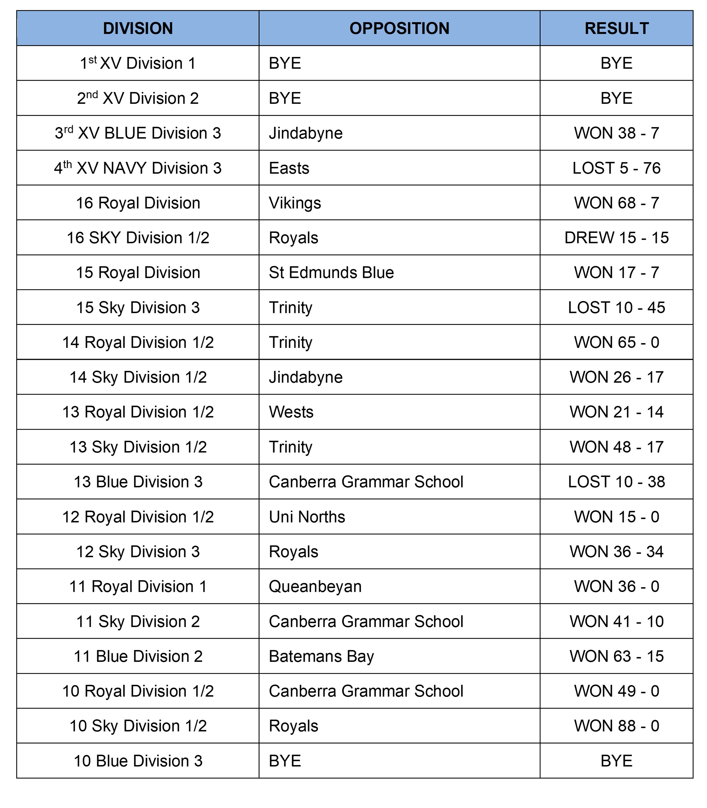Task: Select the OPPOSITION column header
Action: tap(399, 29)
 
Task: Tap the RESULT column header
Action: tap(616, 29)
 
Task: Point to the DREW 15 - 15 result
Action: tap(616, 238)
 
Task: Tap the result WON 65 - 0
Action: tap(616, 342)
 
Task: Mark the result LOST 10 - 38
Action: tap(616, 482)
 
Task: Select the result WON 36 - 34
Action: tap(616, 552)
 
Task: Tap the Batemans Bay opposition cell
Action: tap(321, 656)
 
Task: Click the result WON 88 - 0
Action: tap(616, 726)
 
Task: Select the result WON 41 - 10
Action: tap(616, 622)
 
